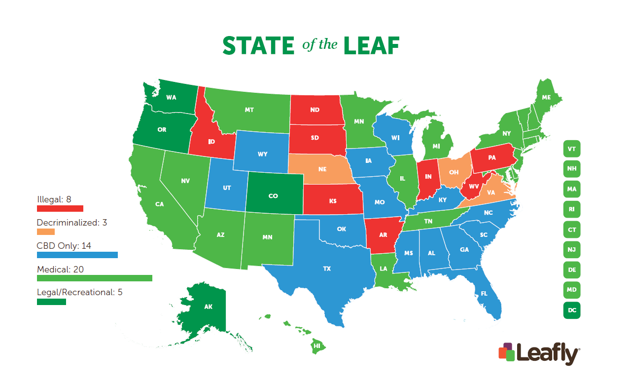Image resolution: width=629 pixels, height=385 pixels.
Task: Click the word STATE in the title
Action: point(258,46)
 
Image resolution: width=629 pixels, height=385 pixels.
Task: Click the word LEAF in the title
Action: point(371,46)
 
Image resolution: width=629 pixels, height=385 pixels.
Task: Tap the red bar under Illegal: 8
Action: point(60,208)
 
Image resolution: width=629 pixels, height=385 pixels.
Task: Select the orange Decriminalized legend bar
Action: point(46,231)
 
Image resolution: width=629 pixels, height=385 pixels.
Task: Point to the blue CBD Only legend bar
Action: point(77,255)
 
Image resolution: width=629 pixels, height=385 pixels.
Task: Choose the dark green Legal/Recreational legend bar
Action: point(51,302)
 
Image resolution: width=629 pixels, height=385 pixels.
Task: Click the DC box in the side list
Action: point(572,310)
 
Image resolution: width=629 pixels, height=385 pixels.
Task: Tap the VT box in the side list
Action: point(572,149)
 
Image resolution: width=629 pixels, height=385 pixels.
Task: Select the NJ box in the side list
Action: point(572,250)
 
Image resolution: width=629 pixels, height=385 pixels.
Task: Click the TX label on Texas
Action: point(327,269)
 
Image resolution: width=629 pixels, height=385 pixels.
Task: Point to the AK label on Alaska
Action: point(208,307)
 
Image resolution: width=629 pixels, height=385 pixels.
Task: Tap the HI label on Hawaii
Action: point(317,346)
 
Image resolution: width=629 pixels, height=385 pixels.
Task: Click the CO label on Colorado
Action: point(273,196)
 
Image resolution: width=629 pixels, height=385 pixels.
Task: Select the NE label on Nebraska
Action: point(322,169)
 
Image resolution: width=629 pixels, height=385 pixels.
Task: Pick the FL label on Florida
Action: point(484,293)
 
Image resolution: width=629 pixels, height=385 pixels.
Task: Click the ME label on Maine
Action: point(546,98)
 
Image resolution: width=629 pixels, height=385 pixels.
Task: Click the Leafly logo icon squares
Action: point(507,351)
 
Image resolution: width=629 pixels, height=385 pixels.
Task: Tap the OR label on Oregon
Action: point(162,130)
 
